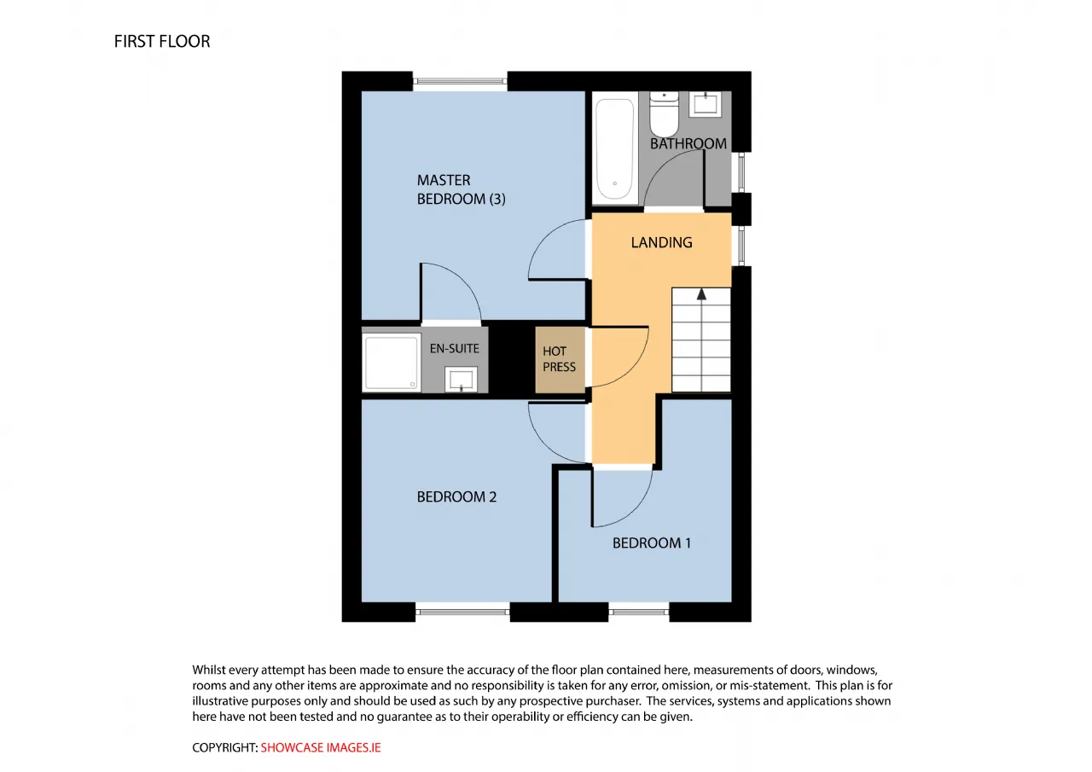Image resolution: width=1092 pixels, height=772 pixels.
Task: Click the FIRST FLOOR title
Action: (162, 42)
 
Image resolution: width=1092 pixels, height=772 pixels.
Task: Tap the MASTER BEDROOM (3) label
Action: (461, 189)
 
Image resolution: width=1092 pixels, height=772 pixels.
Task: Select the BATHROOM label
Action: (688, 144)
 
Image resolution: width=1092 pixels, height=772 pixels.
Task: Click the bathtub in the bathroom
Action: (615, 148)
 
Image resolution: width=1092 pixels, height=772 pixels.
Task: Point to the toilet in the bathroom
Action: (664, 114)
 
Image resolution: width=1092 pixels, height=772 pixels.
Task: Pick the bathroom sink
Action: (705, 104)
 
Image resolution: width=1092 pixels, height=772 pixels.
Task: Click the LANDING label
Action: (661, 243)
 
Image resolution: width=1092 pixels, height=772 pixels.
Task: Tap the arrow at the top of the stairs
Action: (701, 294)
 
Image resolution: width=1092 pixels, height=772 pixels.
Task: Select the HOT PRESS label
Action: (559, 359)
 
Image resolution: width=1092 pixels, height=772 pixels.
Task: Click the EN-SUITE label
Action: (455, 349)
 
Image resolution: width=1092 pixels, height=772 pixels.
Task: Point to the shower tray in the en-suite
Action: (392, 363)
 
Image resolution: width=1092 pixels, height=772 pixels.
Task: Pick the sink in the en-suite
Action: (461, 379)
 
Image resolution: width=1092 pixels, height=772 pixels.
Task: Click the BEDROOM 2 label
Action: (456, 496)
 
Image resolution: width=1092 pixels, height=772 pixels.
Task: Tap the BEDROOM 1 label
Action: (652, 543)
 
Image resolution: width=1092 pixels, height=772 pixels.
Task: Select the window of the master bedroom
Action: (460, 81)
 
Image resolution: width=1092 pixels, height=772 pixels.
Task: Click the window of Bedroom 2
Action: (462, 612)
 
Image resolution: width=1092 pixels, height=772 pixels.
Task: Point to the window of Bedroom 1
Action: (639, 612)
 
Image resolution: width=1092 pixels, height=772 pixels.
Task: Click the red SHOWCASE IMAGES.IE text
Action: (321, 747)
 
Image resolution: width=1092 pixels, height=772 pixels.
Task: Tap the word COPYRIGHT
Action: (224, 747)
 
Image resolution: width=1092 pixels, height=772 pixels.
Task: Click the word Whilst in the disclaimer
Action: (209, 670)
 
